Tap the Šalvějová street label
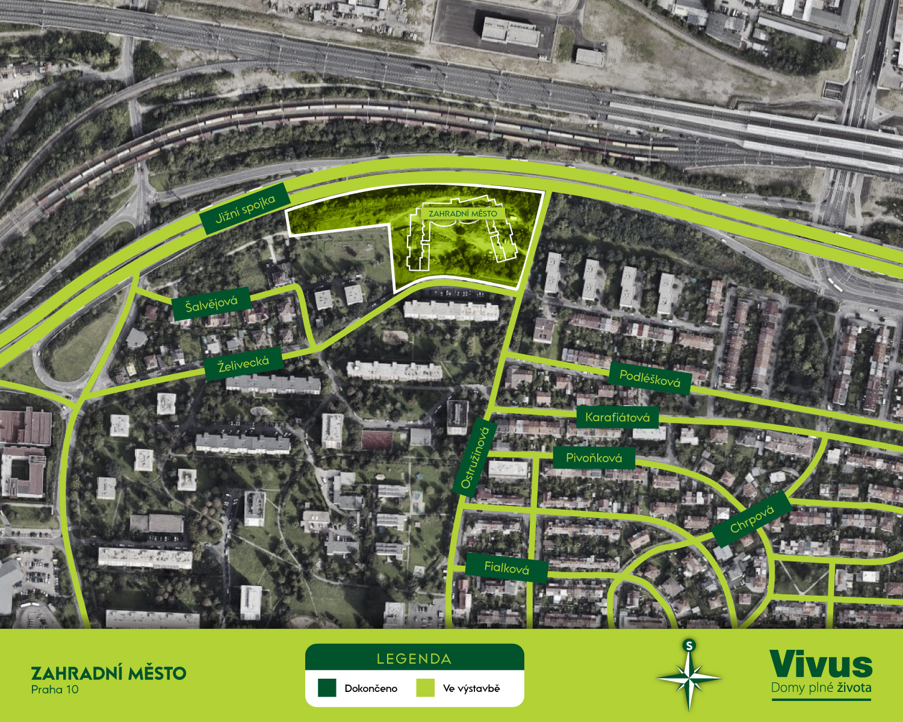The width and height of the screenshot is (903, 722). [x=211, y=304]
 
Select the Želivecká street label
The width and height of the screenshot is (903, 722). [x=243, y=363]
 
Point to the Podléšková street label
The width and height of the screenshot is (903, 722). [x=650, y=378]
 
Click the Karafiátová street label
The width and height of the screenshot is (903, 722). [x=617, y=417]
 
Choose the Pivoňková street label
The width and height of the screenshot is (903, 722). [x=594, y=458]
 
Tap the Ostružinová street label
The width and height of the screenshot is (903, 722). [x=474, y=458]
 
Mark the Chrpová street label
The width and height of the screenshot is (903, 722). [x=751, y=519]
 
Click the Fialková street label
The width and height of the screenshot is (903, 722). [x=506, y=567]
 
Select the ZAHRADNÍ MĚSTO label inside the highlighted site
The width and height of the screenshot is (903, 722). [x=463, y=214]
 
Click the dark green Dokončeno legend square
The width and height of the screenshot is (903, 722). [x=327, y=688]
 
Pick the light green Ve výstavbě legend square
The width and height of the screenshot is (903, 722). [x=425, y=688]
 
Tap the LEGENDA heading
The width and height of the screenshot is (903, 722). [x=414, y=659]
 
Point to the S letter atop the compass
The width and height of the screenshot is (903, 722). [x=689, y=646]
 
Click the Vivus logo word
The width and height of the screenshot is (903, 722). [x=821, y=665]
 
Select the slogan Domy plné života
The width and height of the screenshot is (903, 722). [x=821, y=688]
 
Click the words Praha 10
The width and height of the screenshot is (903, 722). [x=55, y=690]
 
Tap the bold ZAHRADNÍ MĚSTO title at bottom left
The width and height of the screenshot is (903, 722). [x=108, y=673]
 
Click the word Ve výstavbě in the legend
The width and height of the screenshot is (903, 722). [x=471, y=688]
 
